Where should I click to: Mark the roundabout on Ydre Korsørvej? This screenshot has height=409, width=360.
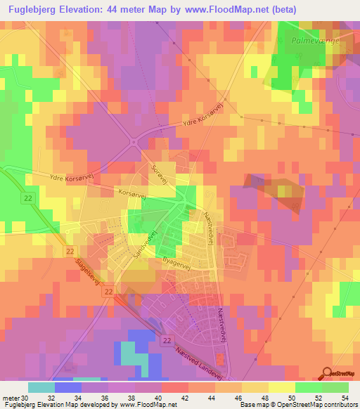pyautogui.click(x=133, y=143)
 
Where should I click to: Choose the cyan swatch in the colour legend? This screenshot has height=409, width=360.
pyautogui.click(x=41, y=387)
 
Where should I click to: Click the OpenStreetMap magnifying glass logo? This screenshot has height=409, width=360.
pyautogui.click(x=327, y=373)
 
